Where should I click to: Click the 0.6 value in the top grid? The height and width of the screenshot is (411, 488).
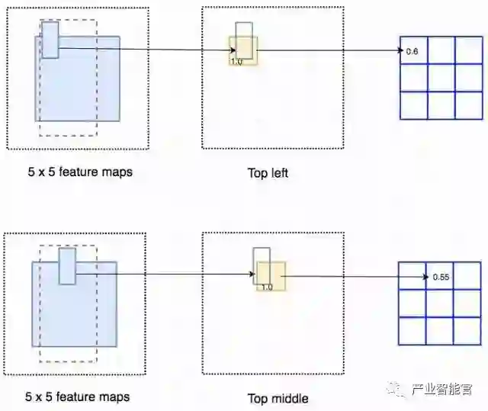point(413,51)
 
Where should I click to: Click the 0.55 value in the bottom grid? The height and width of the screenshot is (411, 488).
point(440,276)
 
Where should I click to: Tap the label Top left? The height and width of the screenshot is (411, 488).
point(268,173)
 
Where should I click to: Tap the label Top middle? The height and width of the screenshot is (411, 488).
point(278,398)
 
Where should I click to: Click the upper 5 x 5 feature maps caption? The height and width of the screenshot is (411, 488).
point(79,172)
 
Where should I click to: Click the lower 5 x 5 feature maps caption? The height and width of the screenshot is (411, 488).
point(78,397)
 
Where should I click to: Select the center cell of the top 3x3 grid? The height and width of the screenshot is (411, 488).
point(441,77)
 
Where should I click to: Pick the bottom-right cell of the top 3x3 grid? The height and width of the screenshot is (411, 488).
point(468,104)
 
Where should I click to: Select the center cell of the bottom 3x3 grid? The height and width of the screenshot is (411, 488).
point(438,303)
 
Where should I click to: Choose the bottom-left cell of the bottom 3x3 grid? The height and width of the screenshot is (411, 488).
point(412,330)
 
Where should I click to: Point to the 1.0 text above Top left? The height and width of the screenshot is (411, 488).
point(236,62)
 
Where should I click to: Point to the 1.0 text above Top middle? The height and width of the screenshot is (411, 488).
point(266,287)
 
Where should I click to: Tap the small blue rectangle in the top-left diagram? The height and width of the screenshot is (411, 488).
point(50,40)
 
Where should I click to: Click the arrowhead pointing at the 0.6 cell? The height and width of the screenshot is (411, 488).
point(399,51)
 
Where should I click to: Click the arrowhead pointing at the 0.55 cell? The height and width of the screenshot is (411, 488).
point(424,276)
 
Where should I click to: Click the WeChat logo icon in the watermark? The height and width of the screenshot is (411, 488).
point(397,390)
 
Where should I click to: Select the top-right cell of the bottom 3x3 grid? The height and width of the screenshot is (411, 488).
point(466,275)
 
